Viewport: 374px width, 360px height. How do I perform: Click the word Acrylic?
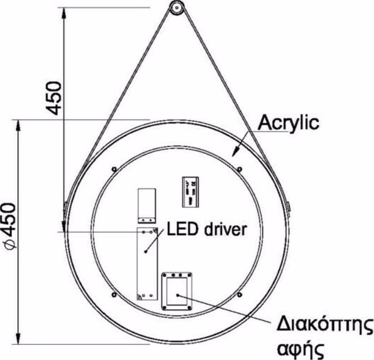click(x=288, y=122)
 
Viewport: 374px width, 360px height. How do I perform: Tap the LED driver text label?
click(x=206, y=229)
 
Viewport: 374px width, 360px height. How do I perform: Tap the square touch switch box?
click(x=177, y=291)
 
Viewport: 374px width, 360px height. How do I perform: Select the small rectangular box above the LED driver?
click(x=146, y=205)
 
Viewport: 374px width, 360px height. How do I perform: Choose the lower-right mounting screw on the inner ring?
click(x=240, y=295)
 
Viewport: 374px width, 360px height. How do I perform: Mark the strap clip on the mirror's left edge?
click(x=65, y=206)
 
